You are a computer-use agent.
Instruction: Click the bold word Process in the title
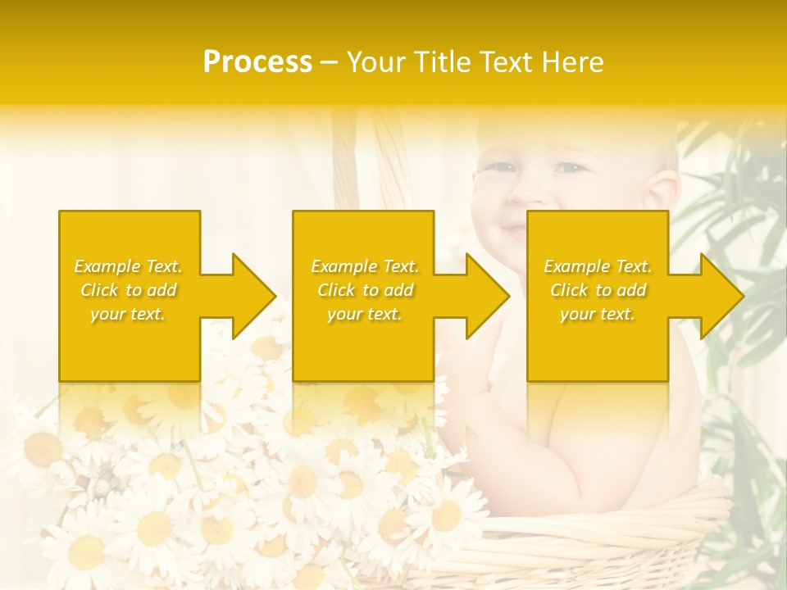click(x=257, y=62)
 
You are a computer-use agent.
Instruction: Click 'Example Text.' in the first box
click(x=128, y=266)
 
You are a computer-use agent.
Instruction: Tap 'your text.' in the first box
click(x=128, y=314)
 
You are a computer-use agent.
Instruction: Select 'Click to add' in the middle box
click(x=365, y=290)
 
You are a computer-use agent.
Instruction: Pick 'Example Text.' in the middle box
click(x=365, y=266)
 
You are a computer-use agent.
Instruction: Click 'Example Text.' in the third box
click(x=598, y=266)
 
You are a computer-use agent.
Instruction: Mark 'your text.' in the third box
click(x=598, y=314)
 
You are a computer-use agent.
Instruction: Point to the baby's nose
click(x=535, y=193)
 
